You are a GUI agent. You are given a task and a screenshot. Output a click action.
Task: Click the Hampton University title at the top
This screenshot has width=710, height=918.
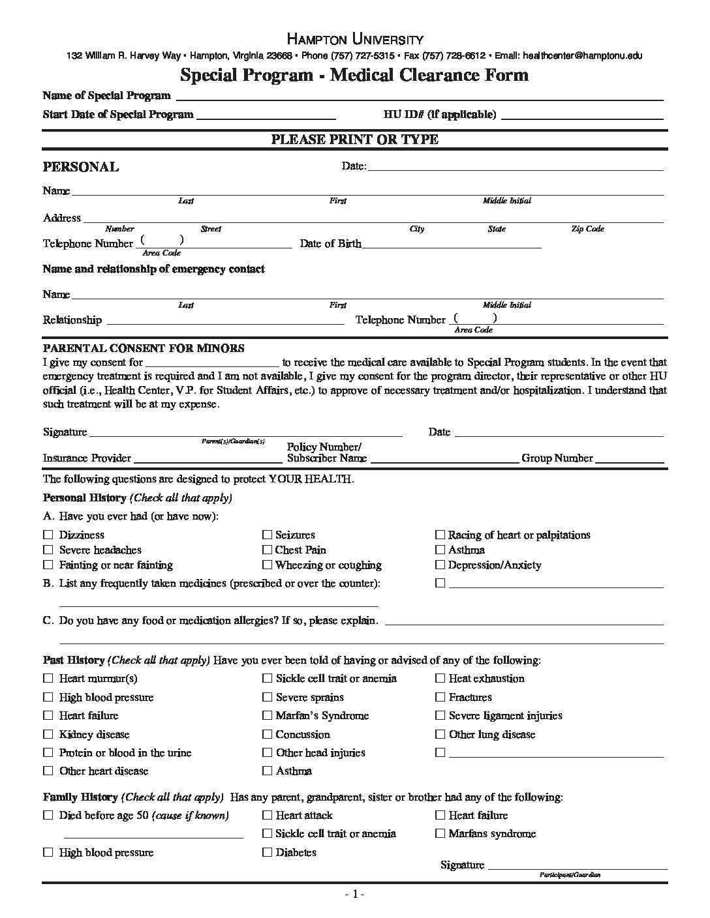pos(355,39)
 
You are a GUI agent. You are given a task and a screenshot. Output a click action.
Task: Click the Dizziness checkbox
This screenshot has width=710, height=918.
pos(48,535)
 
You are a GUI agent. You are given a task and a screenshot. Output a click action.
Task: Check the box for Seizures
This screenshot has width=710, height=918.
pos(268,535)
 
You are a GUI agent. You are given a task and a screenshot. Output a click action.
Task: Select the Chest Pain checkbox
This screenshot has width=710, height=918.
pos(268,550)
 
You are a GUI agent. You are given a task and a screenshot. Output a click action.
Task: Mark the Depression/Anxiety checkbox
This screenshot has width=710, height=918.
pos(440,565)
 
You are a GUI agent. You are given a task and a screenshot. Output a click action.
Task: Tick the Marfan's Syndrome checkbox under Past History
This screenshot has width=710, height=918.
pos(268,715)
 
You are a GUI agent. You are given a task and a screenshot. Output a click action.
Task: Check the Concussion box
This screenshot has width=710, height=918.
pos(268,734)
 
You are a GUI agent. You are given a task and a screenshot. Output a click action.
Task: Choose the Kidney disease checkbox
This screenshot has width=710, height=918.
pos(48,734)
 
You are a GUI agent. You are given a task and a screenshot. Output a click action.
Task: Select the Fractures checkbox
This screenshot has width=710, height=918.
pos(440,697)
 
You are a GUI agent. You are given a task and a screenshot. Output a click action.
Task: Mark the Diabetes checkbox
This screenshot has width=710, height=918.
pos(268,852)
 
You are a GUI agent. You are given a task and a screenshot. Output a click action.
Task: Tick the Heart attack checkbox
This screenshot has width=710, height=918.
pos(268,815)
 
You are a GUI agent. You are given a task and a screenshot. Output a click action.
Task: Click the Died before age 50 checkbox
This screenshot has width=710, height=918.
pos(48,815)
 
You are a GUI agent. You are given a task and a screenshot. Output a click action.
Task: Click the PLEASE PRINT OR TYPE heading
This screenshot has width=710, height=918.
pos(355,140)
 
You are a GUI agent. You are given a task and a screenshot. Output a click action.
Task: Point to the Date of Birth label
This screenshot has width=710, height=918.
pos(330,244)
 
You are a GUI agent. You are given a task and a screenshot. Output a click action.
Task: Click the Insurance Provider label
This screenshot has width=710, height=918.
pos(87,458)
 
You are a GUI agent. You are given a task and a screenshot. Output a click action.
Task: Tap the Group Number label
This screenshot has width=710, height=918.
pos(557,458)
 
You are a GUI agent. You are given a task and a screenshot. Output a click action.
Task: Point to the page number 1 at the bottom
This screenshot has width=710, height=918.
pos(354,895)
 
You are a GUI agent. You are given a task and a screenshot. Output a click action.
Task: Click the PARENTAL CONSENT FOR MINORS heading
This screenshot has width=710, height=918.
pos(144,348)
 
